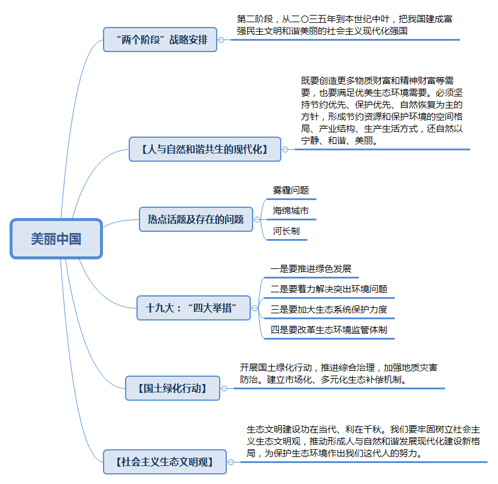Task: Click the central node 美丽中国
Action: point(56,238)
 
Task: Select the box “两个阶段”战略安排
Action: point(160,40)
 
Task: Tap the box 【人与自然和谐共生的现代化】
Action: point(205,149)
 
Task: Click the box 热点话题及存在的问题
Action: point(196,219)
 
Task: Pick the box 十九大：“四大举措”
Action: point(193,308)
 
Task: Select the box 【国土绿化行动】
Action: point(173,388)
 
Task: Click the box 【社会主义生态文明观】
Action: point(165,462)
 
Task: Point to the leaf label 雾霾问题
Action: point(291,190)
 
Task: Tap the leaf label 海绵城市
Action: point(291,211)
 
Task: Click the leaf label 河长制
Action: point(286,231)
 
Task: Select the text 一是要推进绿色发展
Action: point(311,269)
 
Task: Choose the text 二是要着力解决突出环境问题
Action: point(329,289)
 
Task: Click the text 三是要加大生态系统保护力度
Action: point(329,309)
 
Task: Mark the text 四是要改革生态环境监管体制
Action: point(329,330)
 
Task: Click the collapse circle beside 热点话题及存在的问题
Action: point(257,220)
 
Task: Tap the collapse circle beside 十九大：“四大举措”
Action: point(255,308)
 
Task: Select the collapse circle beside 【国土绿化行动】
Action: point(224,388)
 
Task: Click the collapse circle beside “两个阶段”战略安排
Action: point(221,40)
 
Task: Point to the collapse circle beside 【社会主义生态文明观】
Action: point(231,462)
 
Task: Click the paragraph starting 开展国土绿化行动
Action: point(339,374)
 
